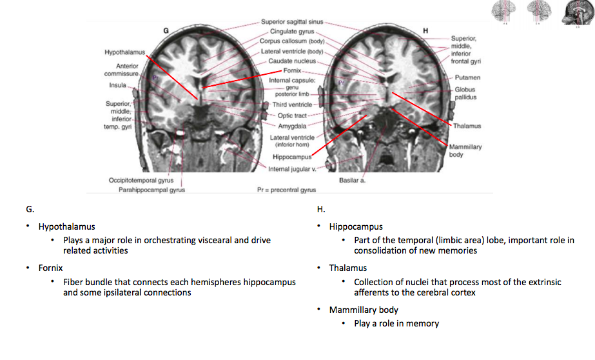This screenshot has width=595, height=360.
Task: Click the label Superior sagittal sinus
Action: click(292, 22)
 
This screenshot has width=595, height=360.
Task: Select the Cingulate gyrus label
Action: click(291, 31)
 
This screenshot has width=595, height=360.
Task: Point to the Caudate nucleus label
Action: click(292, 61)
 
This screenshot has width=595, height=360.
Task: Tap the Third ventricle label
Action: click(291, 105)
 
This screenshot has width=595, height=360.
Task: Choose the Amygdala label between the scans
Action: click(292, 126)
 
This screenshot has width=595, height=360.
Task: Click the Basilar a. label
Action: click(352, 180)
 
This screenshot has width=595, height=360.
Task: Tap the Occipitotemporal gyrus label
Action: click(141, 180)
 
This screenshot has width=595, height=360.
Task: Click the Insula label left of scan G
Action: click(117, 85)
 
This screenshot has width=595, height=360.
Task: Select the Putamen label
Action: click(467, 77)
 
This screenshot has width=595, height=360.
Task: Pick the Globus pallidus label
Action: click(465, 94)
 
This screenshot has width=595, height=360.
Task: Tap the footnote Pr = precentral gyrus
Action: click(286, 190)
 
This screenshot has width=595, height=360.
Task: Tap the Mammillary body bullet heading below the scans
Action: click(364, 310)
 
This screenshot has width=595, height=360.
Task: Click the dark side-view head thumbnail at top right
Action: click(576, 12)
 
